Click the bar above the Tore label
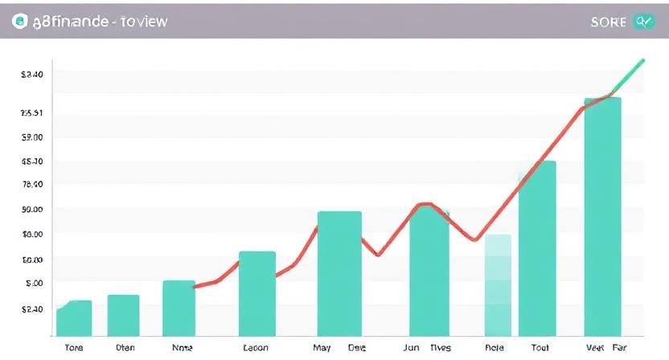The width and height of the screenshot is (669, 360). click(x=74, y=317)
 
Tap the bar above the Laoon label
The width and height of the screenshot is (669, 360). click(x=257, y=293)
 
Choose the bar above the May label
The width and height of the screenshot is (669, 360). click(x=339, y=273)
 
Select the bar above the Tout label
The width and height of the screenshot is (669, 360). click(x=537, y=247)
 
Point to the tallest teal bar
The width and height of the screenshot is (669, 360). click(x=602, y=215)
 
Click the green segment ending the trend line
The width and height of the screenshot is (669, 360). click(x=630, y=75)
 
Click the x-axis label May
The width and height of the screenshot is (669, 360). click(x=322, y=348)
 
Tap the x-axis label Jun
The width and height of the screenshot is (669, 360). click(x=411, y=348)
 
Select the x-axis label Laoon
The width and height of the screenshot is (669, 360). click(x=255, y=348)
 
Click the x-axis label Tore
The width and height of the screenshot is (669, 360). click(x=74, y=348)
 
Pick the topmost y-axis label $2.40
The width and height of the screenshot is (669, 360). click(x=32, y=74)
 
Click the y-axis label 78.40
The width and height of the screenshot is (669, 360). click(x=32, y=184)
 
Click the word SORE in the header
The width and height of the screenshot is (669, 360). click(x=608, y=22)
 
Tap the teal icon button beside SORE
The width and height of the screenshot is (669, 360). click(x=644, y=22)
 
